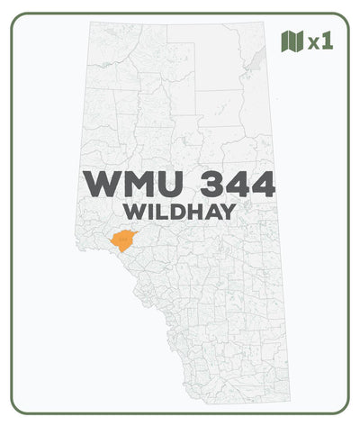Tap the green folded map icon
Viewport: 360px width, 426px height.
point(292,41)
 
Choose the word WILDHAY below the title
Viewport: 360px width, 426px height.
point(180,213)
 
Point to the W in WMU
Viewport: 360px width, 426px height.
point(100,184)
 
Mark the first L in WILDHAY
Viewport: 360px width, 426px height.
point(162,213)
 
